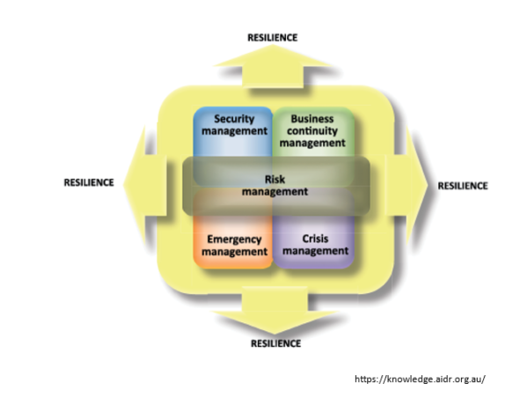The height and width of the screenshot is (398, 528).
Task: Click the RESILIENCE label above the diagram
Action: [272, 38]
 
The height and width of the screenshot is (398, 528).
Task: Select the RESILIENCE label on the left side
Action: [89, 183]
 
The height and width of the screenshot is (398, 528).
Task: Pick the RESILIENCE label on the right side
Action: [462, 186]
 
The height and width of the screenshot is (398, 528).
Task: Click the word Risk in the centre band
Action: [275, 178]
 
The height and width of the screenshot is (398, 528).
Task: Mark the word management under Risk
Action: [275, 190]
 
